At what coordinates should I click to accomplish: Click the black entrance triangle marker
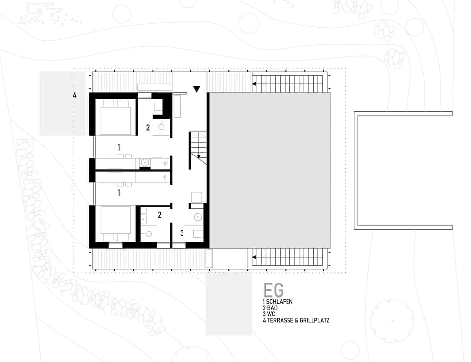pyautogui.click(x=197, y=89)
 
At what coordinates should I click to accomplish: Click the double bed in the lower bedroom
pyautogui.click(x=115, y=223)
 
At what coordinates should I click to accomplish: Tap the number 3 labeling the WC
pyautogui.click(x=182, y=233)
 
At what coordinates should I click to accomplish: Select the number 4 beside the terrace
pyautogui.click(x=75, y=96)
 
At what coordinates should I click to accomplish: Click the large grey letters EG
pyautogui.click(x=273, y=291)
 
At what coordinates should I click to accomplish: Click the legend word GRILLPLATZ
pyautogui.click(x=313, y=320)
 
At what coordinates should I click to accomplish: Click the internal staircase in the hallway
pyautogui.click(x=198, y=150)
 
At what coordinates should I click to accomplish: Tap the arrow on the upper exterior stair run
pyautogui.click(x=255, y=84)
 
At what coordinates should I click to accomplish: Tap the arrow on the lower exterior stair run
pyautogui.click(x=255, y=256)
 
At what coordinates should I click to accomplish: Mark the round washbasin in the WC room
pyautogui.click(x=198, y=216)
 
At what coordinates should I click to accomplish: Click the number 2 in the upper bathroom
pyautogui.click(x=148, y=128)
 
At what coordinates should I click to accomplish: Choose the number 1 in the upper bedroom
pyautogui.click(x=119, y=147)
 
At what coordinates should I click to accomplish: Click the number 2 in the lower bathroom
pyautogui.click(x=160, y=214)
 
